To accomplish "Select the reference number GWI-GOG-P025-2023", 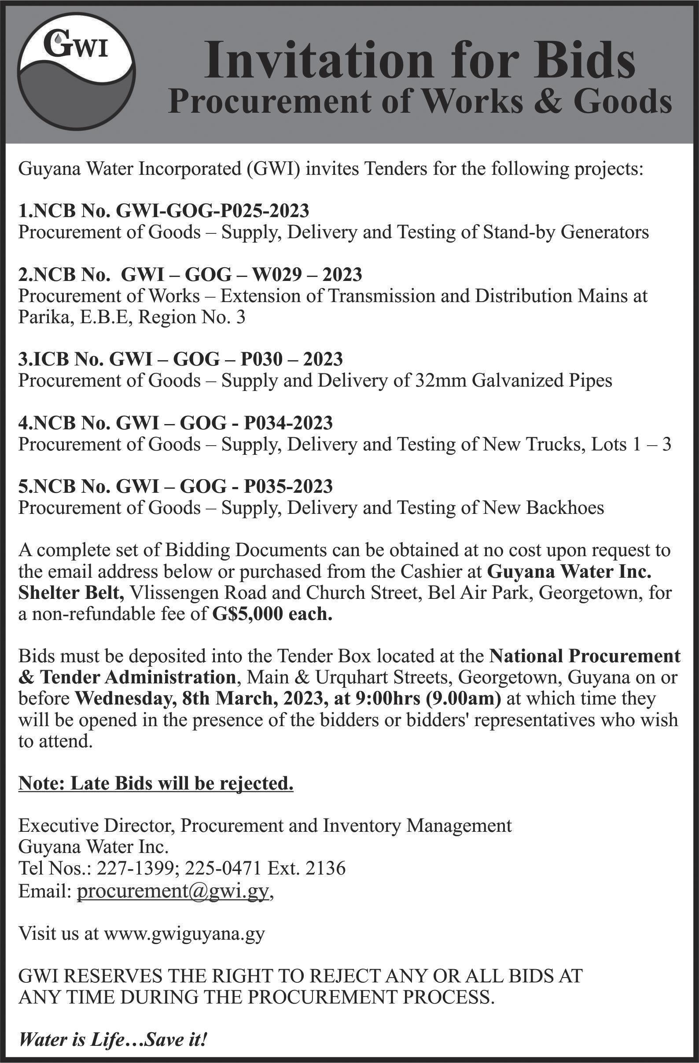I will pos(213,211).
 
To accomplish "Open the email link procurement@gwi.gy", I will pos(173,890).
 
